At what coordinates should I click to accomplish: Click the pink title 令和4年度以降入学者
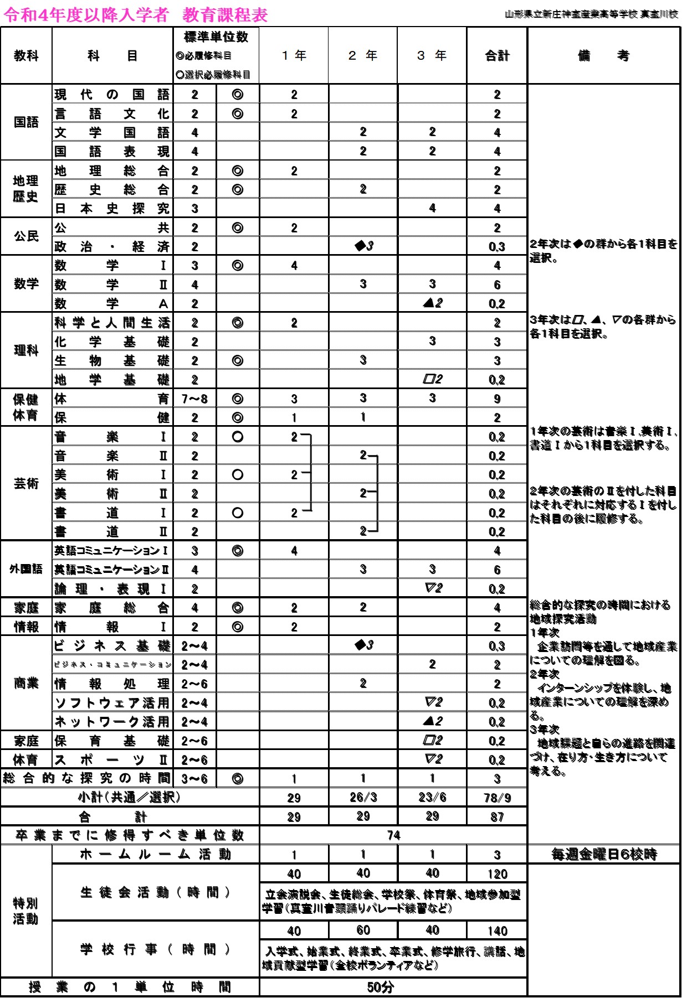click(86, 15)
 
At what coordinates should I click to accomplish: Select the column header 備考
click(603, 55)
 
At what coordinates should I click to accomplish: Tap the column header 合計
click(497, 55)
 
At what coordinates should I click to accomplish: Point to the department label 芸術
click(26, 484)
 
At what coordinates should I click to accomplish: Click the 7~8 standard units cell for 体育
click(194, 399)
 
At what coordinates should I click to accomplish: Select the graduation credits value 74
click(393, 835)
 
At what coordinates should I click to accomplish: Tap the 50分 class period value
click(381, 987)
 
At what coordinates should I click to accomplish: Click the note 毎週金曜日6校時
click(604, 855)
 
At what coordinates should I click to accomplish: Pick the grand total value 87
click(497, 817)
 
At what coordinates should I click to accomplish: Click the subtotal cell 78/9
click(497, 798)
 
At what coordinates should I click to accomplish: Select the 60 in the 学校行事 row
click(363, 930)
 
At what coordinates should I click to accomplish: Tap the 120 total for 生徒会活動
click(497, 874)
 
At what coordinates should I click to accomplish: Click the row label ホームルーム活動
click(155, 855)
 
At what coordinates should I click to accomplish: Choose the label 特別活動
click(26, 911)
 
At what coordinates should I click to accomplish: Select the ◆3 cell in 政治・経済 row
click(363, 246)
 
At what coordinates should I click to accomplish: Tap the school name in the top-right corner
click(591, 15)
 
